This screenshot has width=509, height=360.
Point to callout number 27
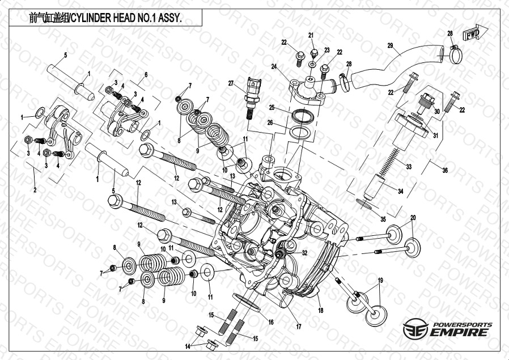[x=231, y=84]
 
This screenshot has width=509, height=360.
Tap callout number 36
[x=445, y=171]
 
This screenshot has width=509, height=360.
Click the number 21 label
[x=311, y=36]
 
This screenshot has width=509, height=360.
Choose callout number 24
[x=274, y=66]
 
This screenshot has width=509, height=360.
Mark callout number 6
[x=146, y=75]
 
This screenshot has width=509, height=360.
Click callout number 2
[x=35, y=189]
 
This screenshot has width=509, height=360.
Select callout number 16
[x=271, y=322]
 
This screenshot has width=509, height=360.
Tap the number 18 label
[x=321, y=311]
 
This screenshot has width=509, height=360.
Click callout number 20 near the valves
[x=413, y=218]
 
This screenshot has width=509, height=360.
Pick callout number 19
[x=380, y=280]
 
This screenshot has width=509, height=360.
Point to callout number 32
[x=304, y=253]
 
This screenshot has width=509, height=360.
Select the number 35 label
[x=383, y=218]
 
